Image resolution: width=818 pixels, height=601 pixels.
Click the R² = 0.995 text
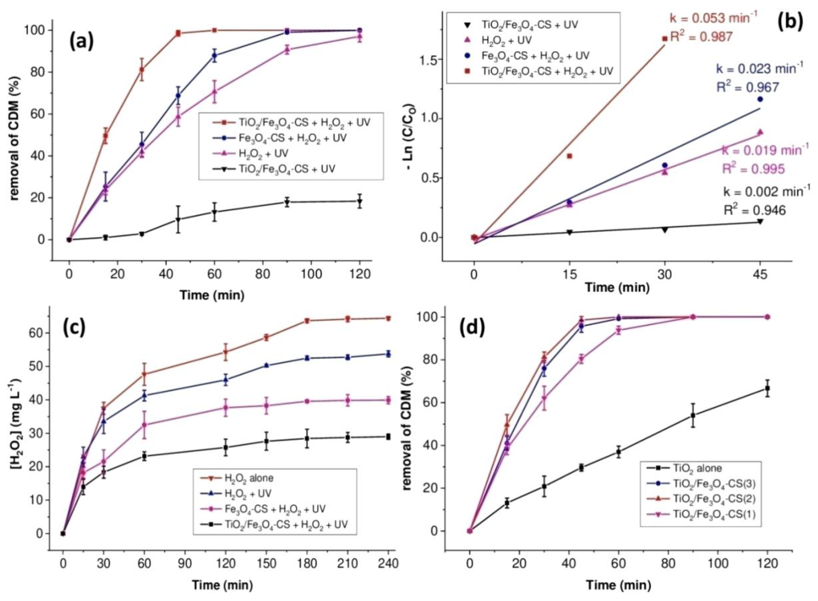[x=753, y=169]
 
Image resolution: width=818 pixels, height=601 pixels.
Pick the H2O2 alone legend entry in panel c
[x=249, y=478]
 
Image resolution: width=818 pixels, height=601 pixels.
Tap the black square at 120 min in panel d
[x=768, y=399]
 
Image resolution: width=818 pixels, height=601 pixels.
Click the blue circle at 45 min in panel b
[x=760, y=99]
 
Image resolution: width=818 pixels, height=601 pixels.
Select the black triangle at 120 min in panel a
[x=360, y=201]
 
